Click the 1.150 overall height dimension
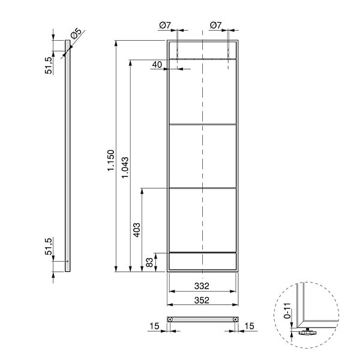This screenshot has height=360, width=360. tap(111, 160)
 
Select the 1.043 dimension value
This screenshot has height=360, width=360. tap(125, 167)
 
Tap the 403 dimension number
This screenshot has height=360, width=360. tap(137, 230)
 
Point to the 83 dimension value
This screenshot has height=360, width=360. tap(149, 262)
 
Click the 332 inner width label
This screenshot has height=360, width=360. tap(202, 286)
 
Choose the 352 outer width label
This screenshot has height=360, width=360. tap(202, 301)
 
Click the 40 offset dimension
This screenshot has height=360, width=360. tap(157, 65)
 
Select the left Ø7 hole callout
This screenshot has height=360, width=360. tap(165, 25)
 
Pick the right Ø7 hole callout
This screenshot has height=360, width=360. tap(216, 25)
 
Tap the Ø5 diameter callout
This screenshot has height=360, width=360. tap(76, 34)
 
